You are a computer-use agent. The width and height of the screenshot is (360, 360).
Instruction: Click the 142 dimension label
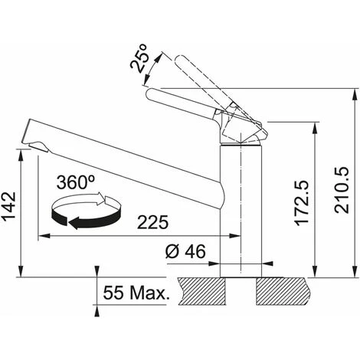8,206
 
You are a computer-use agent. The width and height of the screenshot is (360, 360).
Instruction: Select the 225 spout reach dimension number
153,222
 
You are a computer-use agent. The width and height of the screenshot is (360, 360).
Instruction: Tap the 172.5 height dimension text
302,203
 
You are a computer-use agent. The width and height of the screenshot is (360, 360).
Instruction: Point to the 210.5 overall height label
342,190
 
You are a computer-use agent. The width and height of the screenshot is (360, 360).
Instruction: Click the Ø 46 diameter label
185,251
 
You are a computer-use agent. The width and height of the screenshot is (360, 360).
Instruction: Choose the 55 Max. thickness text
136,293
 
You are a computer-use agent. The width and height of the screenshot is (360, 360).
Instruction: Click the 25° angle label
139,58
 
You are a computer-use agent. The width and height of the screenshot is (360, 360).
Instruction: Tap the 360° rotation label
75,182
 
